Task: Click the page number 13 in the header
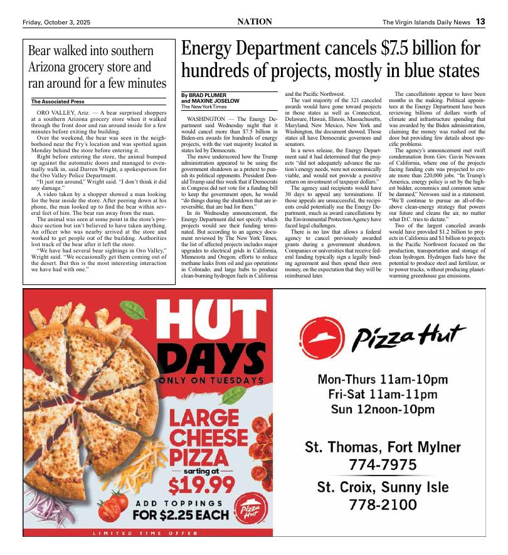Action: tap(480, 22)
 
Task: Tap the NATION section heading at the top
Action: tap(255, 22)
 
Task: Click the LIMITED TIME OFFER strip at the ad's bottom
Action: tap(147, 533)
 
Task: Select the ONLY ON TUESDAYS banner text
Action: tap(211, 380)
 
